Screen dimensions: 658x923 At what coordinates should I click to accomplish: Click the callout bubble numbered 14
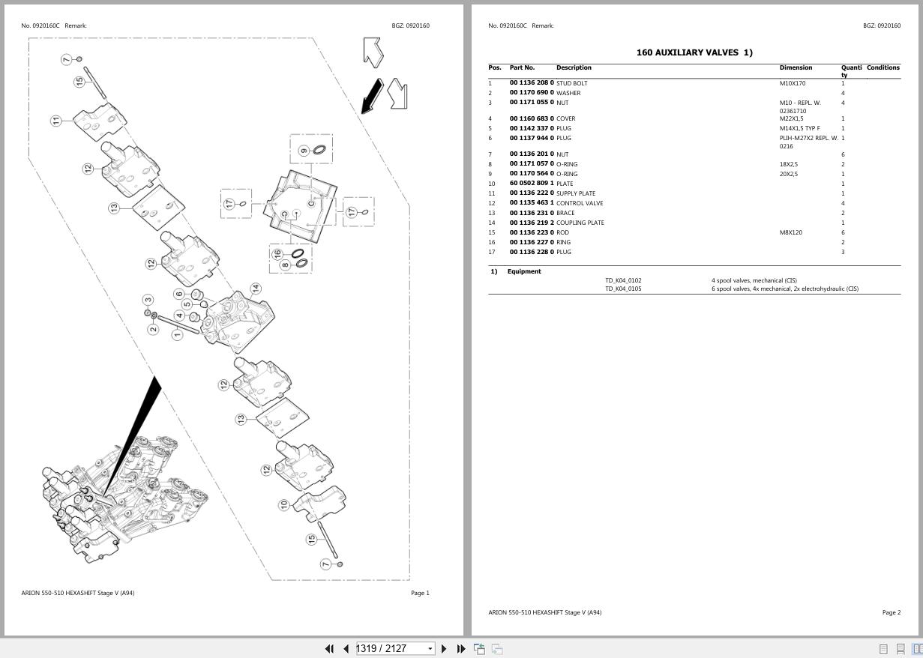pos(256,288)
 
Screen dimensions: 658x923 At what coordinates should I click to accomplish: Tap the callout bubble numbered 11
pos(56,121)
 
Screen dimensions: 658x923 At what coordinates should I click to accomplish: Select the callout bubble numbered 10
pos(283,505)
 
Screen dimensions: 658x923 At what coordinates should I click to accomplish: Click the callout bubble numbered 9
pos(304,151)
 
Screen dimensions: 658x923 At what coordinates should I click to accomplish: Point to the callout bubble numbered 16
pos(278,254)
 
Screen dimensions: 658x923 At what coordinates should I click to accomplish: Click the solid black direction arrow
pos(372,97)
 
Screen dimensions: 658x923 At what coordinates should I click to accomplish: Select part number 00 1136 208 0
pos(532,83)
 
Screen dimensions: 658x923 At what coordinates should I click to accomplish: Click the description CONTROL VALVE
pos(580,203)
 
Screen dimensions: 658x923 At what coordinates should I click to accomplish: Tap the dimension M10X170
pos(793,83)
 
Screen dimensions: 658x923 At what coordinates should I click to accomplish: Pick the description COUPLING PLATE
pos(580,223)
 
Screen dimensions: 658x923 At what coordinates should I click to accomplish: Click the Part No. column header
pos(522,67)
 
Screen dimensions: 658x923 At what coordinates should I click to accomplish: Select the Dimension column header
pos(796,67)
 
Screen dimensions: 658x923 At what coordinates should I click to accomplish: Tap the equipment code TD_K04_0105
pos(623,289)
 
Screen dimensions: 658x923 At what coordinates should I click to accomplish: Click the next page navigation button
pos(444,648)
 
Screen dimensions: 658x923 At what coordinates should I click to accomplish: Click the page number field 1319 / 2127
pos(391,648)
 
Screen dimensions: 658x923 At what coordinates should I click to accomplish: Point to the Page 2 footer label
pos(891,612)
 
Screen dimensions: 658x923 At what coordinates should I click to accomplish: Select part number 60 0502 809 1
pos(532,184)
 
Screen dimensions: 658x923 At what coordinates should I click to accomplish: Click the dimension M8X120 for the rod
pos(790,232)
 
